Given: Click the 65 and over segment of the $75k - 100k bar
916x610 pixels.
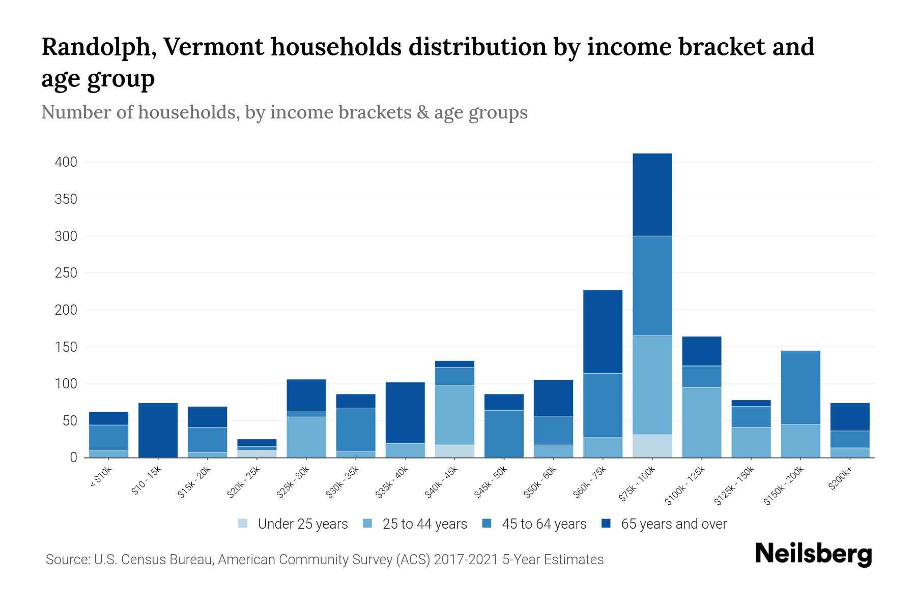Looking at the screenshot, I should tap(652, 194).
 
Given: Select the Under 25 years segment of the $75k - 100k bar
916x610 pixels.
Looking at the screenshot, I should tap(652, 446).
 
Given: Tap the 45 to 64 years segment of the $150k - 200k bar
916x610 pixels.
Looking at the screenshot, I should tap(800, 387).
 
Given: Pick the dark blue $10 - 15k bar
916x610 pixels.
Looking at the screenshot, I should tap(158, 430).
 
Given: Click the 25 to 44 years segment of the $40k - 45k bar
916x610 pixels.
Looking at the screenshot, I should tap(454, 415).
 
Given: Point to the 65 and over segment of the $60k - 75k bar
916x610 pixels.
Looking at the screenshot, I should tap(603, 331).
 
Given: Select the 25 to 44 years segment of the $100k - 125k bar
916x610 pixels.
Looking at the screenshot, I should tap(701, 422).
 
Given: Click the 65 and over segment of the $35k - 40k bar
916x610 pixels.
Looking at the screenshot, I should tap(405, 412).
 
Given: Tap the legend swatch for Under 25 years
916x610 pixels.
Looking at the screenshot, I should tap(243, 524).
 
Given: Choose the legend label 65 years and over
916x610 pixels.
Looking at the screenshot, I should tap(674, 524).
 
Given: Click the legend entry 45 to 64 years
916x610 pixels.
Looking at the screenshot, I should tap(544, 524).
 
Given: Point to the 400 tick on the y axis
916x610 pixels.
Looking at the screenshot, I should tap(66, 163).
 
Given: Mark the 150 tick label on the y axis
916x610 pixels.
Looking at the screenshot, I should tap(66, 347).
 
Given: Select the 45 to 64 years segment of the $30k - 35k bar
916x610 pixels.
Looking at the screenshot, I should tap(356, 430).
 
